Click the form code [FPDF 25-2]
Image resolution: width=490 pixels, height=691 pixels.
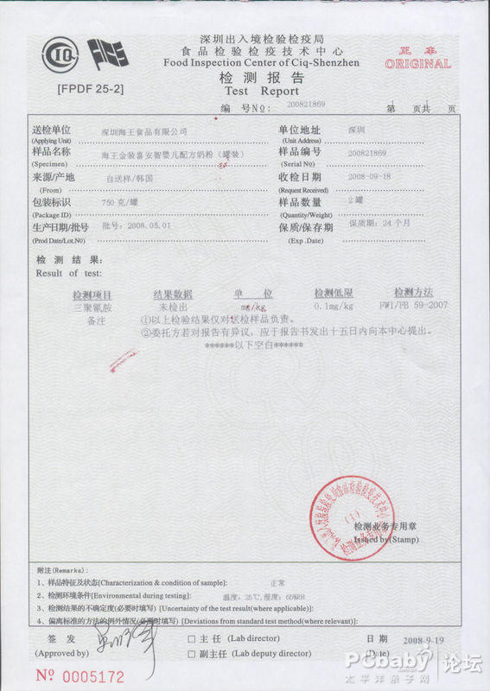coord(90,89)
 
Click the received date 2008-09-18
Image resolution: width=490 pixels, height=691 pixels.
coord(370,175)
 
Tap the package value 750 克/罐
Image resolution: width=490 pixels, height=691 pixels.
coord(120,201)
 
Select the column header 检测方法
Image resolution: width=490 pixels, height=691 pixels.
coord(413,294)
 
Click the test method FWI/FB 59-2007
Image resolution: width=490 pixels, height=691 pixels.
coord(413,306)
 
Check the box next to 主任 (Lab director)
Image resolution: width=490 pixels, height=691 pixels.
coord(191,639)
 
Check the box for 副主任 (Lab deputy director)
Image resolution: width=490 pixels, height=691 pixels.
coord(191,654)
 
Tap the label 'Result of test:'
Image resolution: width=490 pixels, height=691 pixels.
coord(69,273)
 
